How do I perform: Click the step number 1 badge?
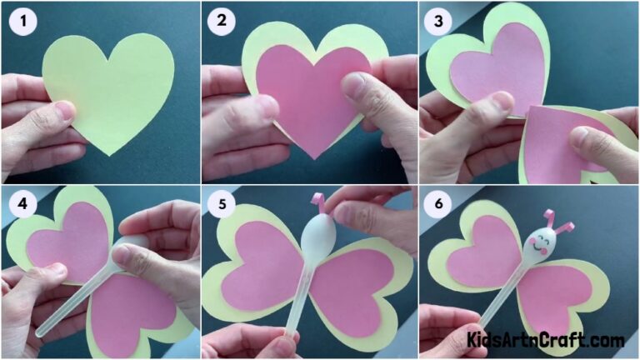point(22,22)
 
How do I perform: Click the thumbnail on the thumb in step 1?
point(64,111)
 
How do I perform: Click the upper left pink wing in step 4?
point(71,237)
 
